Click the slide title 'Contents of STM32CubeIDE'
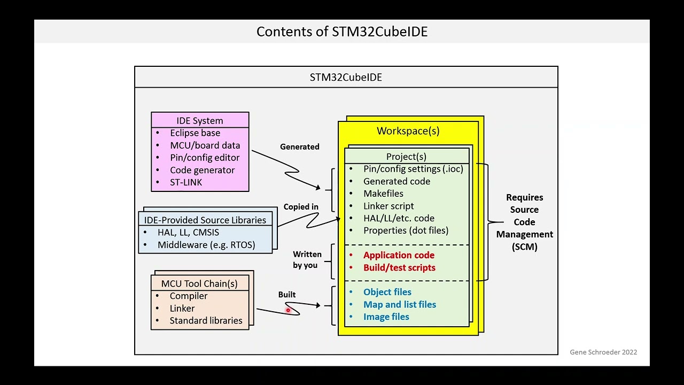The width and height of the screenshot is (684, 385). [342, 32]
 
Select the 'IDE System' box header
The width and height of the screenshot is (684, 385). [200, 120]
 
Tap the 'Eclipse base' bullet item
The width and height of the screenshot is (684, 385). [195, 133]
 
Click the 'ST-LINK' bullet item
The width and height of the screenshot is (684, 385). [186, 182]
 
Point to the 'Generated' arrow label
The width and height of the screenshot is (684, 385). [299, 147]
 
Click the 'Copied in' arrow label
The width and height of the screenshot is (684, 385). [301, 207]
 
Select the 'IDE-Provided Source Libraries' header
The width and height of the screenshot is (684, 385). [205, 220]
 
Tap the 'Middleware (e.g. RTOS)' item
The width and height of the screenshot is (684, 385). [206, 245]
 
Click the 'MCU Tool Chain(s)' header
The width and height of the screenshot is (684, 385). [199, 283]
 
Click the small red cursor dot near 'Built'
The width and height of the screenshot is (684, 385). [287, 310]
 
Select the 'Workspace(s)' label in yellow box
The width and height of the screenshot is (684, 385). [408, 131]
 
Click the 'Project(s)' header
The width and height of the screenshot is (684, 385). [406, 157]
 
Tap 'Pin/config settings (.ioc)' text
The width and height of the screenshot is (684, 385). [413, 169]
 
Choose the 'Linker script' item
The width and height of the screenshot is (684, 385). [388, 206]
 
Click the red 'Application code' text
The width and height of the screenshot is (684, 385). [399, 255]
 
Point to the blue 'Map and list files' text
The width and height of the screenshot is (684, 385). [400, 305]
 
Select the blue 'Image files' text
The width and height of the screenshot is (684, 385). [386, 317]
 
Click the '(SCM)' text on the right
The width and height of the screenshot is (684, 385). [524, 247]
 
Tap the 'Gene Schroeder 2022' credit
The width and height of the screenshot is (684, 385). [603, 352]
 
